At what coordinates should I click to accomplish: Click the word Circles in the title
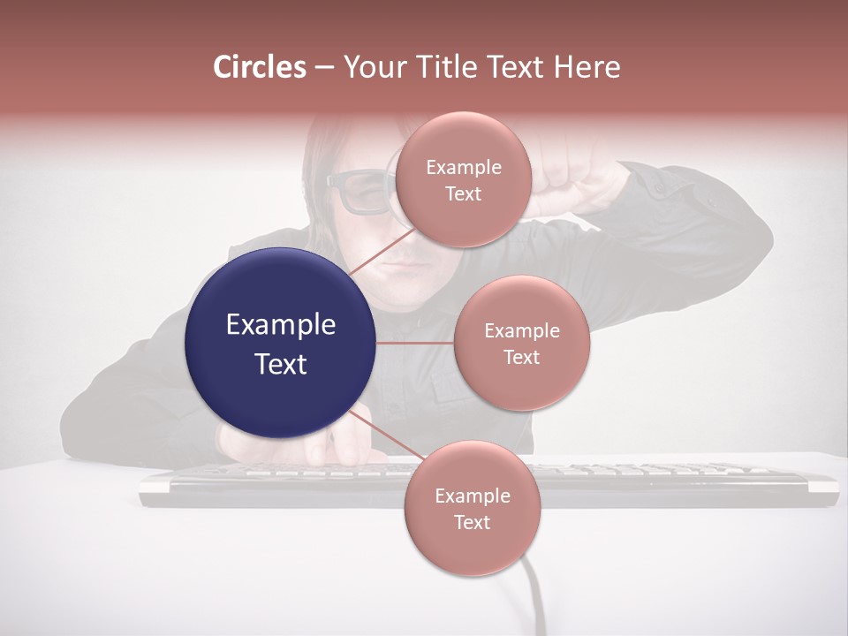click(260, 67)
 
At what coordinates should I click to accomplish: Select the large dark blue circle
click(281, 343)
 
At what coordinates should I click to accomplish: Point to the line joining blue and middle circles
click(415, 343)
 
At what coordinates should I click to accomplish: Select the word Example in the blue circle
click(281, 325)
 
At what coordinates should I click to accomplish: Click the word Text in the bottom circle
click(472, 523)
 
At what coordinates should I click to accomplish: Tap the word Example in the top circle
click(463, 168)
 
